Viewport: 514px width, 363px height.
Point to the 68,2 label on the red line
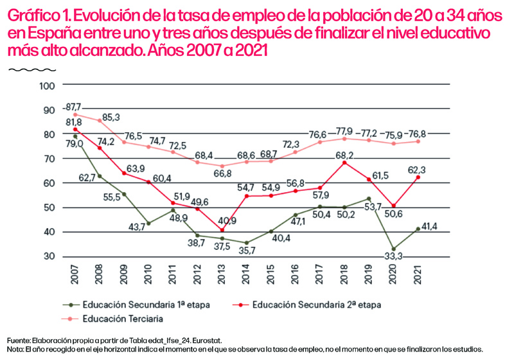tap(344, 155)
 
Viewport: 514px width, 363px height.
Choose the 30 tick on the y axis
tap(51, 256)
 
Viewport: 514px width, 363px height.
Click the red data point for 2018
tap(344, 163)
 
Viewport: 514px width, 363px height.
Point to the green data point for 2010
tap(149, 223)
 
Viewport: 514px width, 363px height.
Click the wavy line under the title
tap(24, 68)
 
